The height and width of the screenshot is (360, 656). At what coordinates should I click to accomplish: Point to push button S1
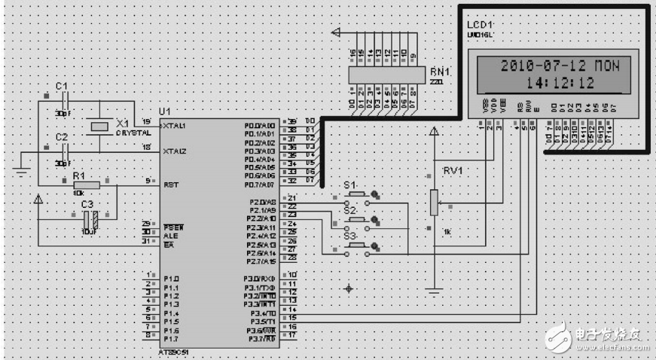coord(355,196)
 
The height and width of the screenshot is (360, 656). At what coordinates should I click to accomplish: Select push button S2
coord(355,221)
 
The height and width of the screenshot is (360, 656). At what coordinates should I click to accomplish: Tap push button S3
coord(355,246)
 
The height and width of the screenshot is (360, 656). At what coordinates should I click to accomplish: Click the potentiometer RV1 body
coord(433,202)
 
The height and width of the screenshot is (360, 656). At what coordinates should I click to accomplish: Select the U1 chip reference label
coord(165,111)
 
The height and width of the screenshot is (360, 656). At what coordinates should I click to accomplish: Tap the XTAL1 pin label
coord(174,126)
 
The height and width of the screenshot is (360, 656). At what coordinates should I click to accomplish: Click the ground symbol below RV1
coord(433,290)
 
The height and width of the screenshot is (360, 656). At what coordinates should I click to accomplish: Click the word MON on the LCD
coord(606,66)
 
